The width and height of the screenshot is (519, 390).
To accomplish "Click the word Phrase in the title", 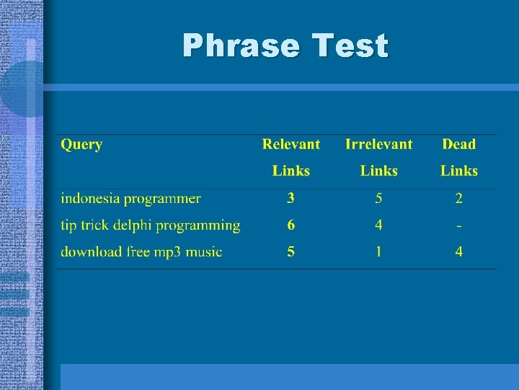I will [241, 45].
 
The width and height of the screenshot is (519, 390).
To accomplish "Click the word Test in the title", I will [350, 45].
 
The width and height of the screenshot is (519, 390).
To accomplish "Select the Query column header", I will [81, 144].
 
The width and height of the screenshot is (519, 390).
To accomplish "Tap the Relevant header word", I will [291, 144].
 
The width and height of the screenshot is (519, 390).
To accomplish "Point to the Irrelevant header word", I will [378, 144].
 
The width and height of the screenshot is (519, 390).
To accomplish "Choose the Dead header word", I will [459, 144].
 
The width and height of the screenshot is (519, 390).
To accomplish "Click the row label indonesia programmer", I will [130, 199].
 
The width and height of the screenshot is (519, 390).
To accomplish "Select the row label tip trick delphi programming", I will [150, 225].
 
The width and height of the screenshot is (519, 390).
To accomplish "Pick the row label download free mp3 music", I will [141, 252].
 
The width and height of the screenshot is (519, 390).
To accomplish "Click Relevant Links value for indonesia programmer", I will [291, 199].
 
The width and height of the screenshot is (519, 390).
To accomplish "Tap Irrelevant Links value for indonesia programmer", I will [378, 199].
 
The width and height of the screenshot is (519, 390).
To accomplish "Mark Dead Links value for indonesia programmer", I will [459, 199].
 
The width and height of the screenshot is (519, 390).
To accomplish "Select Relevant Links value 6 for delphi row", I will [291, 225].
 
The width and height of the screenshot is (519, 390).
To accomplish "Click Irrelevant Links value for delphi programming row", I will [378, 225].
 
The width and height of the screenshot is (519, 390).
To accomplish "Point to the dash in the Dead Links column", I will [459, 226].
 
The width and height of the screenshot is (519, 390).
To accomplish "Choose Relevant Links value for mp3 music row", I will [291, 252].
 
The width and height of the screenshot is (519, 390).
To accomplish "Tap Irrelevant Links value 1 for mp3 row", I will [378, 252].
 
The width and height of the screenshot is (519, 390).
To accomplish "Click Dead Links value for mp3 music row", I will [459, 252].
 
